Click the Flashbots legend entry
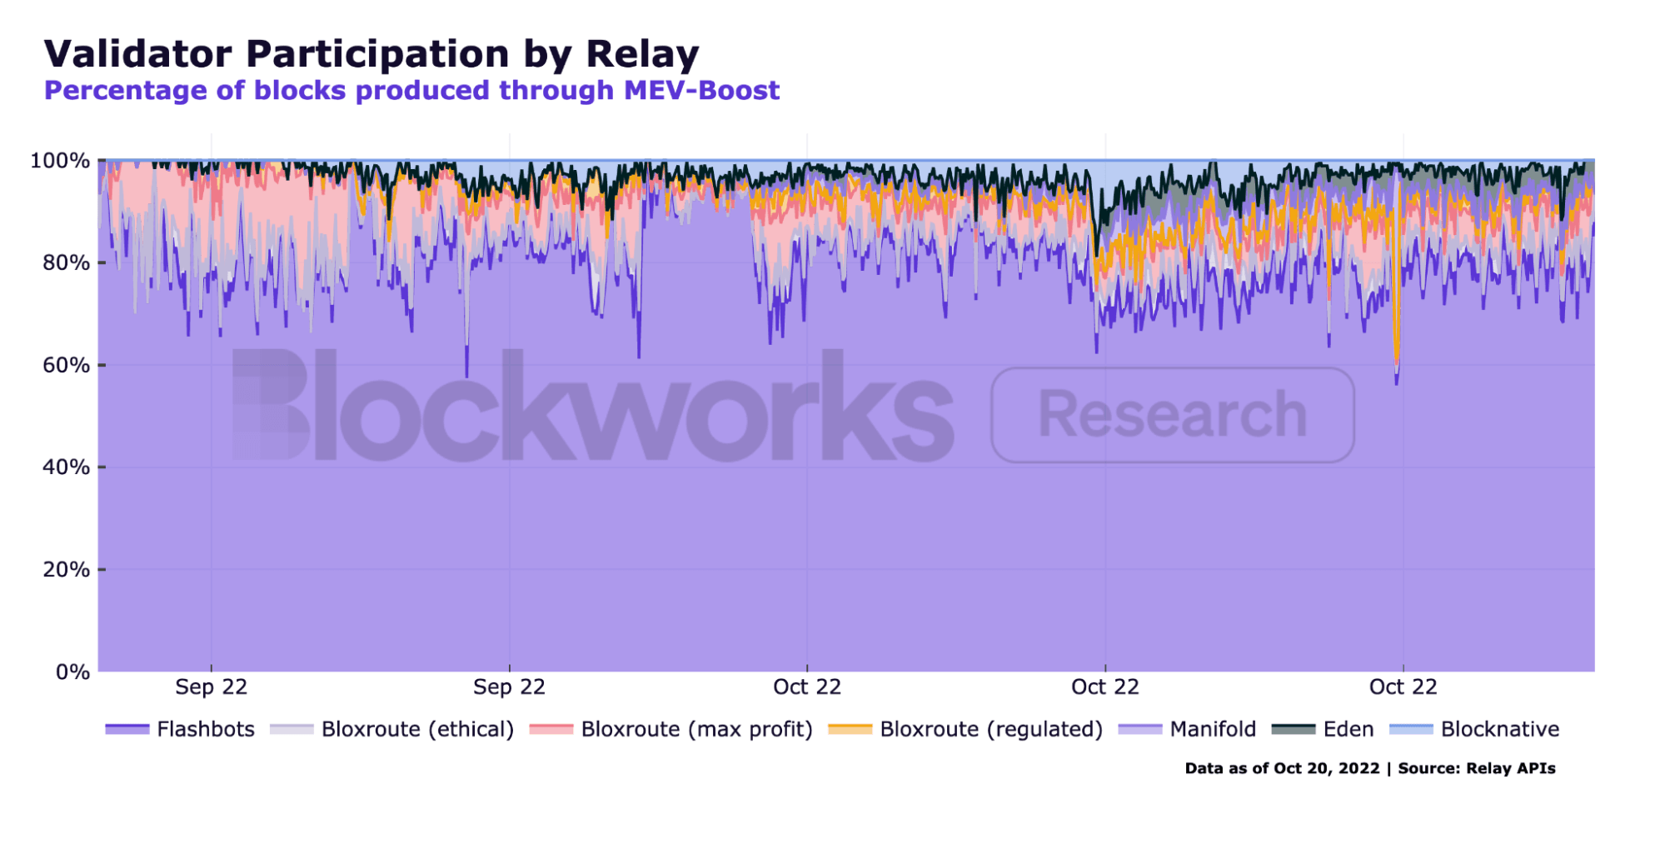pos(205,729)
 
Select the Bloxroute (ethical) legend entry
pos(416,729)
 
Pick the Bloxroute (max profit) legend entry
pos(695,729)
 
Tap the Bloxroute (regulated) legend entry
pos(990,729)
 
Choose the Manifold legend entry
pos(1212,729)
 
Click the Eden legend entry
pos(1348,729)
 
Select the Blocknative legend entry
pos(1499,729)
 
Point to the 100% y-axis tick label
pos(60,161)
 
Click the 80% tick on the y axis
pos(66,263)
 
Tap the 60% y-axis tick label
pos(66,365)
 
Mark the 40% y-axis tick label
pos(66,467)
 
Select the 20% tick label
pos(66,570)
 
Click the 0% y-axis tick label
pos(72,672)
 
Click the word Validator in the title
pos(137,54)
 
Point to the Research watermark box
pos(1172,414)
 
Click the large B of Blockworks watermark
pos(271,404)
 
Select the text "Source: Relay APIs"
pos(1476,768)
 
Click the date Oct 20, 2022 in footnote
pos(1326,768)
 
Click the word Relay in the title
pos(642,54)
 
